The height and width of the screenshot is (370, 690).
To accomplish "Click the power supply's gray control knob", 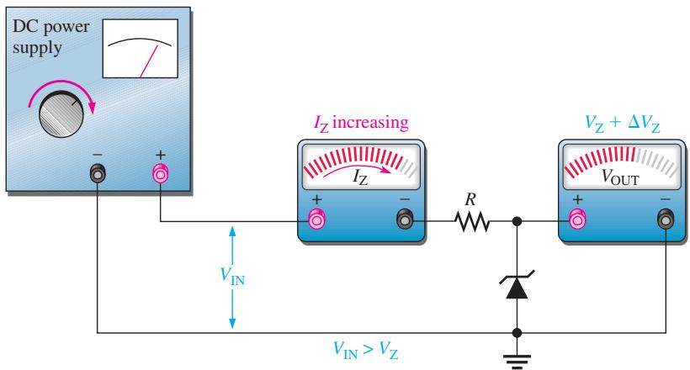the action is (61, 114).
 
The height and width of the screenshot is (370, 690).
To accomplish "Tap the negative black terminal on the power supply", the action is (98, 173).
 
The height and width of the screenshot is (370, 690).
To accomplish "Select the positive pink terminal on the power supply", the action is (160, 173).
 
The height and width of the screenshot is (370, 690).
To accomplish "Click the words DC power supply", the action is (50, 37).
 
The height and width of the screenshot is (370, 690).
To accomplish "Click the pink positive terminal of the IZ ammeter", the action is (317, 219).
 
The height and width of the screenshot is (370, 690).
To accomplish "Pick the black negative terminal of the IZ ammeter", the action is (405, 219).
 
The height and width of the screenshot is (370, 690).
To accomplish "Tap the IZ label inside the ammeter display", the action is (360, 177).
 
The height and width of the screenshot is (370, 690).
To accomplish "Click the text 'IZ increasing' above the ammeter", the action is (361, 123).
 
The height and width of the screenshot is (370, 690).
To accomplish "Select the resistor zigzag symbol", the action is (472, 221).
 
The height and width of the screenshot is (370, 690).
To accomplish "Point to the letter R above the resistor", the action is (470, 200).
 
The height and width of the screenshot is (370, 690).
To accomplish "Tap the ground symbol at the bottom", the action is (517, 361).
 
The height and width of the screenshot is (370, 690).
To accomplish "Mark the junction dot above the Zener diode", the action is (517, 221).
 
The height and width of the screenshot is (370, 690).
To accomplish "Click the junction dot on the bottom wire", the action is (517, 333).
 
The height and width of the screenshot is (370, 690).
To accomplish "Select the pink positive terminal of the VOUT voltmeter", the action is (577, 219).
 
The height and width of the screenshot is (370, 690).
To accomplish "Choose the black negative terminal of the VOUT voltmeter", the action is (666, 219).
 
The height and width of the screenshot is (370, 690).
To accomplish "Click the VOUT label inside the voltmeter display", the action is (620, 177).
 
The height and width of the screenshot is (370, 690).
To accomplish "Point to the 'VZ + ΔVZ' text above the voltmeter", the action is (622, 124).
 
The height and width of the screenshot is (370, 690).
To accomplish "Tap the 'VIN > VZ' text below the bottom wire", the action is (366, 350).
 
